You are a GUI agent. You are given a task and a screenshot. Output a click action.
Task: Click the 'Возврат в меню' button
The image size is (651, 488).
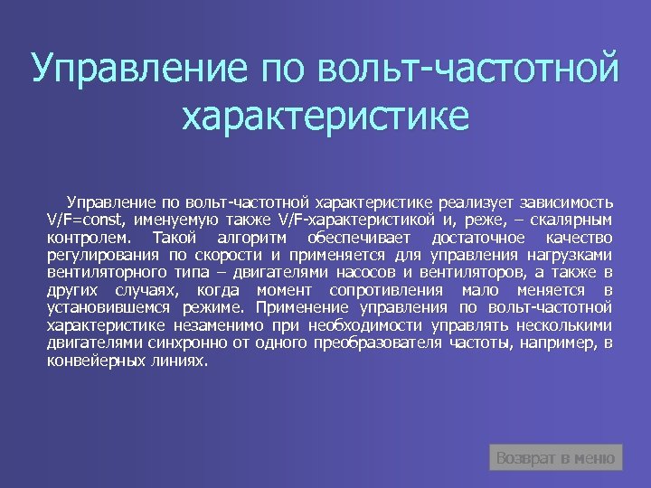pos(556,458)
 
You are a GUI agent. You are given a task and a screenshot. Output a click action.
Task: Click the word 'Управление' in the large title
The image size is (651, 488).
pos(136,69)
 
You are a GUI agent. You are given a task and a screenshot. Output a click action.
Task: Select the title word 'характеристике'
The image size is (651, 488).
pos(325,117)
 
